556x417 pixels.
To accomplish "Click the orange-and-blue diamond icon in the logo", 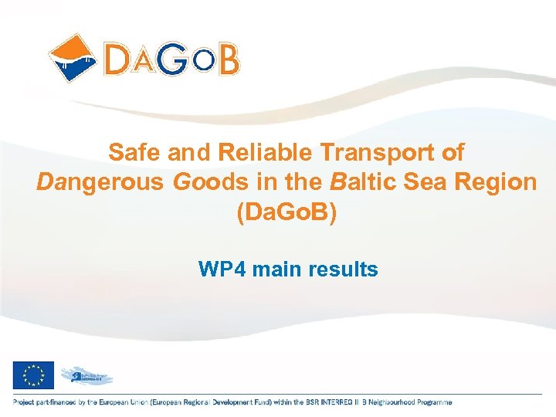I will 73,57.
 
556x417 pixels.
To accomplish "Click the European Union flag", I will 33,375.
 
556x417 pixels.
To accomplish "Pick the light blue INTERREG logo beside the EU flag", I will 86,375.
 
